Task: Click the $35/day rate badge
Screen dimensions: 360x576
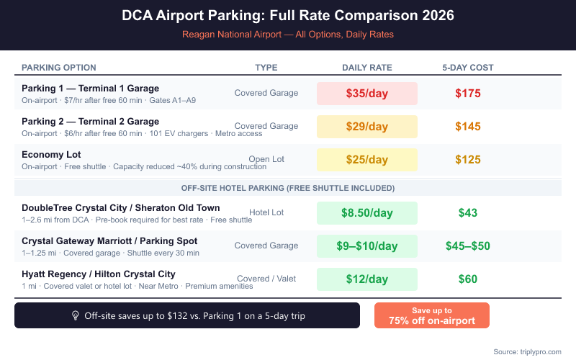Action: pyautogui.click(x=367, y=94)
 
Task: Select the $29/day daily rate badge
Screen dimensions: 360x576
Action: pyautogui.click(x=367, y=127)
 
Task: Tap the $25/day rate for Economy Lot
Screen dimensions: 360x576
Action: pyautogui.click(x=367, y=160)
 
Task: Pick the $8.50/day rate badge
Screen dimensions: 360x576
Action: pyautogui.click(x=367, y=213)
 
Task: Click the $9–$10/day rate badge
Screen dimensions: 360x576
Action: pyautogui.click(x=367, y=246)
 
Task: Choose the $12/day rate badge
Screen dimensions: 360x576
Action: pyautogui.click(x=367, y=279)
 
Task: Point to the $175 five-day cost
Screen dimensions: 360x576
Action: pyautogui.click(x=468, y=94)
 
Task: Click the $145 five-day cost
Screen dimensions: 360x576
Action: pyautogui.click(x=468, y=127)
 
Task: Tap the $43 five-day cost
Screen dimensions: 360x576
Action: pyautogui.click(x=468, y=213)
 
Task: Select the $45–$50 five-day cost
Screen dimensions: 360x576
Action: pyautogui.click(x=468, y=246)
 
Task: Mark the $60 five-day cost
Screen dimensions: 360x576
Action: pyautogui.click(x=468, y=279)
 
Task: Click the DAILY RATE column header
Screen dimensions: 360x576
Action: pyautogui.click(x=367, y=68)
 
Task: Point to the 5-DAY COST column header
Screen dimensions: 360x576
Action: pyautogui.click(x=468, y=68)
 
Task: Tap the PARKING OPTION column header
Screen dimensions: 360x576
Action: pyautogui.click(x=59, y=68)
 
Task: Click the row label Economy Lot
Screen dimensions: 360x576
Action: pyautogui.click(x=51, y=155)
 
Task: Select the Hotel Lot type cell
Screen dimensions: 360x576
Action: pyautogui.click(x=266, y=212)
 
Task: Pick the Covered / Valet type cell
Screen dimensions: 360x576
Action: pyautogui.click(x=266, y=279)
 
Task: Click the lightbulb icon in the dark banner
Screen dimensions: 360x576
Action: pyautogui.click(x=75, y=315)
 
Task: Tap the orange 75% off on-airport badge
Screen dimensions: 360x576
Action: pyautogui.click(x=432, y=315)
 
